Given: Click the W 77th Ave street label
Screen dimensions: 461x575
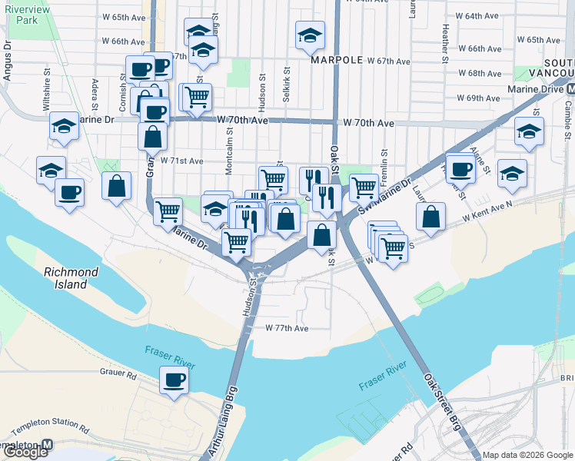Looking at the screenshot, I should pos(287,328).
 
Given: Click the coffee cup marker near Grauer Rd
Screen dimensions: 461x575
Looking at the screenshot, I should pos(174,380).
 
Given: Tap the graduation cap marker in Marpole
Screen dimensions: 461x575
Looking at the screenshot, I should pos(310,35).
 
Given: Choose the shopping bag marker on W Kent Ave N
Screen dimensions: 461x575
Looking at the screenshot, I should pos(431,217).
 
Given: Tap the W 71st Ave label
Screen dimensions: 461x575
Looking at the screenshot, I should pos(182,161).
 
